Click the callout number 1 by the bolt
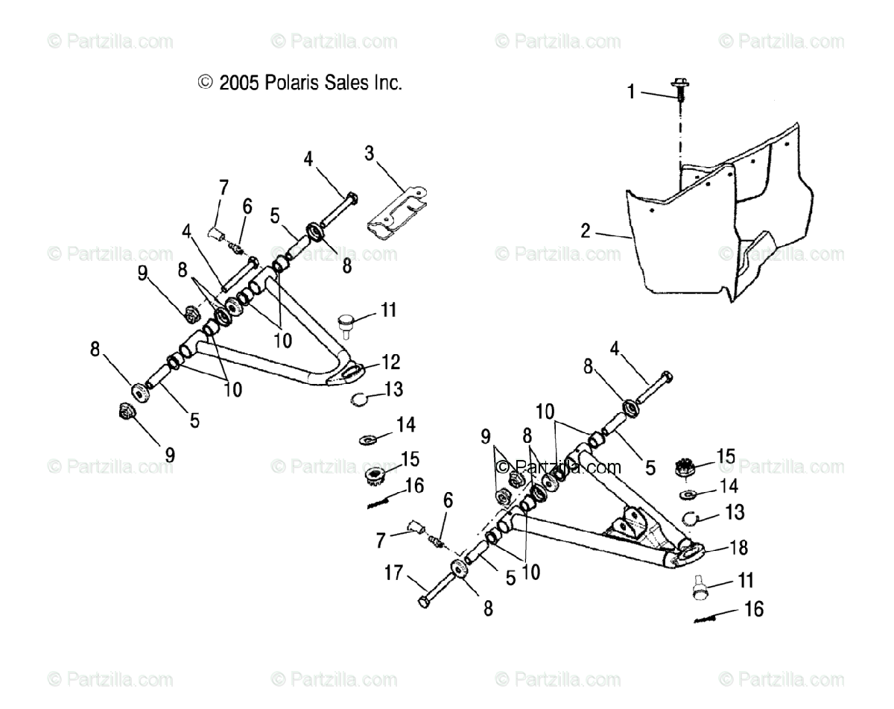pyautogui.click(x=630, y=92)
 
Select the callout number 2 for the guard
pyautogui.click(x=586, y=230)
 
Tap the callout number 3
pyautogui.click(x=369, y=155)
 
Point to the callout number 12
pyautogui.click(x=390, y=362)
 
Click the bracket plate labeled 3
pyautogui.click(x=396, y=215)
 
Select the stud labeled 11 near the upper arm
pyautogui.click(x=346, y=324)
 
